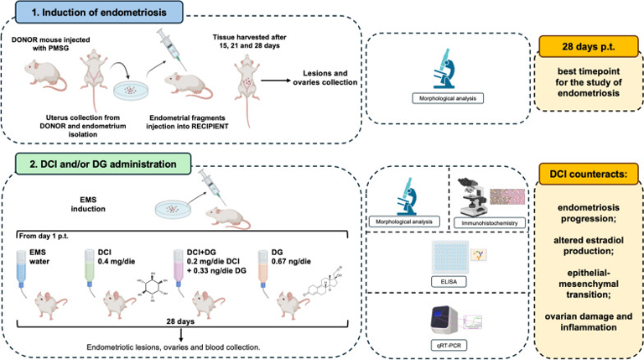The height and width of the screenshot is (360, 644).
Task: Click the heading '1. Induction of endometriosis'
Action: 99,13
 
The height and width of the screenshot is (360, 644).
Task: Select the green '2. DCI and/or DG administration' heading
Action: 103,164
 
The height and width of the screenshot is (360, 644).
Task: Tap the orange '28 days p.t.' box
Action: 588,46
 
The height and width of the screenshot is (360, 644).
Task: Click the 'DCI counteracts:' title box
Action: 588,174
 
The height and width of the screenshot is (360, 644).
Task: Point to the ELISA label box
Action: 449,281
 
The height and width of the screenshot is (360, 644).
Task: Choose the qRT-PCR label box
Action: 449,345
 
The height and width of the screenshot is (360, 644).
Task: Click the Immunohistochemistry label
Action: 489,222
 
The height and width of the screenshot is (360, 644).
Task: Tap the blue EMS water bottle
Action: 21,269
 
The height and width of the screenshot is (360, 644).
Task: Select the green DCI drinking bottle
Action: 90,269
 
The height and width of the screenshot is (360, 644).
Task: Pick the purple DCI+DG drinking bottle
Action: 179,269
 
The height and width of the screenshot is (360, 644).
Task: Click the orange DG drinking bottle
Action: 262,269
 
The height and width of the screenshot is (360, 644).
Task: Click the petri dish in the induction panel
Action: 131,91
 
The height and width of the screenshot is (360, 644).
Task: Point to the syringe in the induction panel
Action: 172,49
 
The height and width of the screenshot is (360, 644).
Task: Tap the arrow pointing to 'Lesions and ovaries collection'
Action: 275,80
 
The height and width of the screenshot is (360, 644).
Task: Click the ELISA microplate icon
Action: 449,258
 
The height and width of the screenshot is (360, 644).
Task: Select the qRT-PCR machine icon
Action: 444,321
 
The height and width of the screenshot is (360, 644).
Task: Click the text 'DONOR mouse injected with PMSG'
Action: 50,44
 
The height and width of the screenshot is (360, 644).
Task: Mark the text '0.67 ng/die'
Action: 291,261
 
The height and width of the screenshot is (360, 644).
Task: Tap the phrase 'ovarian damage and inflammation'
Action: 588,321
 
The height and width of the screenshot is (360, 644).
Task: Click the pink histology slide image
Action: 507,197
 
